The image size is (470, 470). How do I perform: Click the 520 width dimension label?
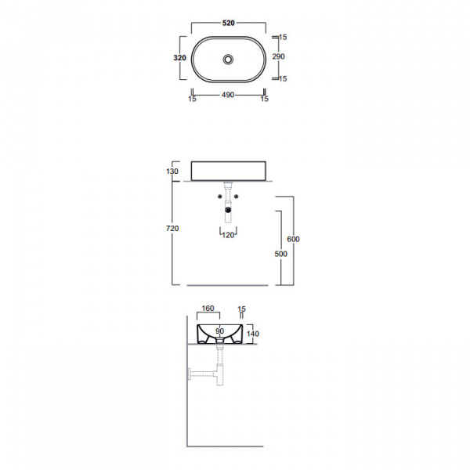[x=229, y=23]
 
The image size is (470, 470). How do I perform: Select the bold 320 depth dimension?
[x=180, y=57]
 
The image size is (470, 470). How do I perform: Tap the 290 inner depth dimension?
[x=278, y=56]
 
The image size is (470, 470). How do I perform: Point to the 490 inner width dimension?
[x=228, y=95]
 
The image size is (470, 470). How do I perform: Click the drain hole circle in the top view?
[x=228, y=59]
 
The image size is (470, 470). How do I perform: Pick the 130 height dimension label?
[x=172, y=171]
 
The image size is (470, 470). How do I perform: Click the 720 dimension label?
[x=172, y=229]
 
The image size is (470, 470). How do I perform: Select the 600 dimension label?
[x=293, y=239]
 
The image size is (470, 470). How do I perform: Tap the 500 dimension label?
[x=281, y=254]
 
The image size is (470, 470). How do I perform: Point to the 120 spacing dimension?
[x=228, y=235]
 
